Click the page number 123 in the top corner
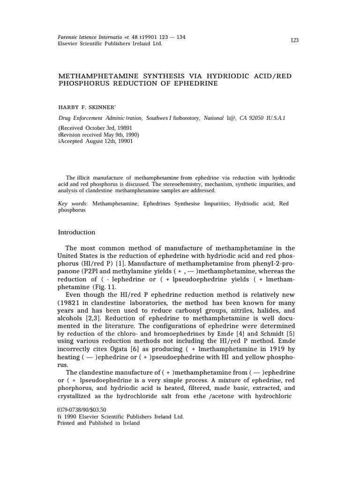coord(294,40)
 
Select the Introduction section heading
coord(76,232)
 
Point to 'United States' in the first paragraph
coord(78,256)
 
